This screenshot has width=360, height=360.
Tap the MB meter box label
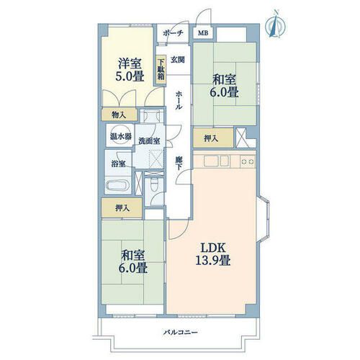(203, 33)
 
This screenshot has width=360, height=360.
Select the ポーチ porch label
(174, 33)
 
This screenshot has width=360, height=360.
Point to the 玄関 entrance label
(178, 60)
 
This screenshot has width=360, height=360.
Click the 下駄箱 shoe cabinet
(161, 70)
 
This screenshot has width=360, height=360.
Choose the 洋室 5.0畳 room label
(130, 70)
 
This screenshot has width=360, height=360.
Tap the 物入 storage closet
(119, 115)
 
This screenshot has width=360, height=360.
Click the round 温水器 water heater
(120, 135)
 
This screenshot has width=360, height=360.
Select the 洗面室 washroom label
(149, 141)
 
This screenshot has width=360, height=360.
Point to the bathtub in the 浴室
(117, 186)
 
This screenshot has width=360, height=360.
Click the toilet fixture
(153, 184)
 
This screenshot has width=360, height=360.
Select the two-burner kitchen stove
(248, 161)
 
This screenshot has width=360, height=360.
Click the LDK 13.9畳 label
(213, 254)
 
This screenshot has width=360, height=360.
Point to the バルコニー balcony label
(181, 333)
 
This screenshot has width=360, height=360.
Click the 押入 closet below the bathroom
(122, 208)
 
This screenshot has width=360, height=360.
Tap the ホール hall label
(178, 100)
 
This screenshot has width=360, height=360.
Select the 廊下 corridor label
(179, 163)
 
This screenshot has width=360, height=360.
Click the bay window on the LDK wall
(264, 218)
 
